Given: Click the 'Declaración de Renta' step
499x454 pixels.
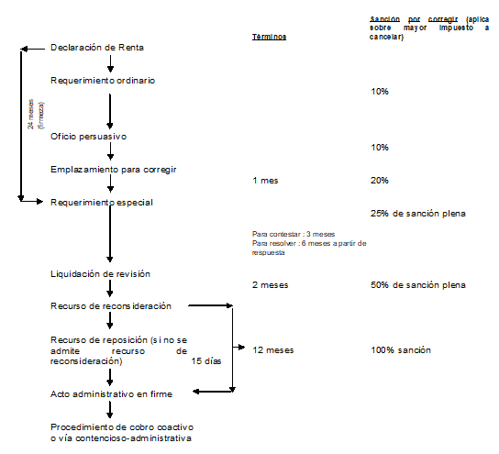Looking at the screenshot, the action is [x=97, y=48].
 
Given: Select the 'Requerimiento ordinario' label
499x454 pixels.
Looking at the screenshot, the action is [x=103, y=81].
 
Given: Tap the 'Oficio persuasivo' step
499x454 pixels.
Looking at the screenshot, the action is [x=88, y=137].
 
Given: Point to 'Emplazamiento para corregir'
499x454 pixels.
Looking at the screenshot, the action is [x=114, y=170].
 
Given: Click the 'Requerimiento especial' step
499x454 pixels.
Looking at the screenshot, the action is [x=102, y=203].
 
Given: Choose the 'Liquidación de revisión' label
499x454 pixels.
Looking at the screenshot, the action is [x=100, y=274].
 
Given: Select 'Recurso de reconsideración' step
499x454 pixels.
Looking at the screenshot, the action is [x=111, y=306].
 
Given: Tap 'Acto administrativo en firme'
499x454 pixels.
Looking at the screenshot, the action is [x=111, y=394].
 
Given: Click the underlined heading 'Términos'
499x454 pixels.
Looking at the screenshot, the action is [x=270, y=37].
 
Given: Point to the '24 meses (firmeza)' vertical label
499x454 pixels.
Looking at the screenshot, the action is [x=36, y=114].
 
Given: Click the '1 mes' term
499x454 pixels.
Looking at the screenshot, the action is [x=265, y=181].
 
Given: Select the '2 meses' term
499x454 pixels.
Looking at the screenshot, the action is [x=271, y=284].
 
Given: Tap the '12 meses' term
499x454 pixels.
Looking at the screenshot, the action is [x=273, y=350].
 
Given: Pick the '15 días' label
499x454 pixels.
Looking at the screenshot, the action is [x=206, y=361].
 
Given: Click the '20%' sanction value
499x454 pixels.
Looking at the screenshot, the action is [x=380, y=181].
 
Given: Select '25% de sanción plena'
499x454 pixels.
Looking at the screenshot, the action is [x=418, y=214].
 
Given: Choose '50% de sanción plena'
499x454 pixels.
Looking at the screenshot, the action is [x=418, y=284].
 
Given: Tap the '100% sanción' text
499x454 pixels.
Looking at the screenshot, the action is [x=401, y=350].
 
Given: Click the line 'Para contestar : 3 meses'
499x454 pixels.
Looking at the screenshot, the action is [x=294, y=234].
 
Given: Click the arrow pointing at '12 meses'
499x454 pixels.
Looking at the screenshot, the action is [x=238, y=347].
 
